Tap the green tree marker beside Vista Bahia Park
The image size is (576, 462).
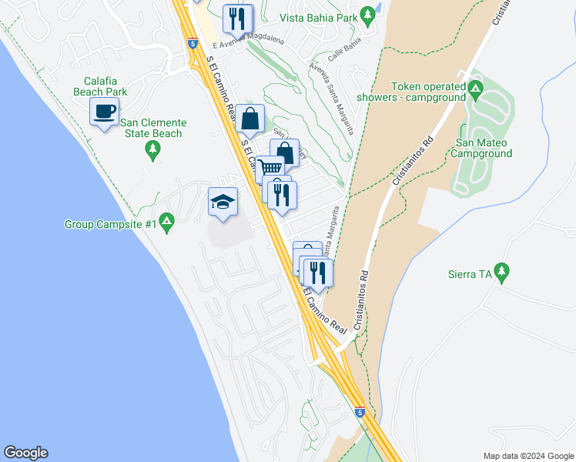[369, 15]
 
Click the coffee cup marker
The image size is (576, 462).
[104, 111]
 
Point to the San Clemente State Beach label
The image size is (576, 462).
[152, 128]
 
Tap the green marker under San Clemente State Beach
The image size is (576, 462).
[152, 152]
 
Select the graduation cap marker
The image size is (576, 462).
[223, 203]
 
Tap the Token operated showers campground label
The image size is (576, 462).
[428, 92]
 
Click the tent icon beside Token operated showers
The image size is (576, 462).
[476, 92]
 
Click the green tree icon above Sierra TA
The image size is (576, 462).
[502, 271]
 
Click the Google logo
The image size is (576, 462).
[25, 453]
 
